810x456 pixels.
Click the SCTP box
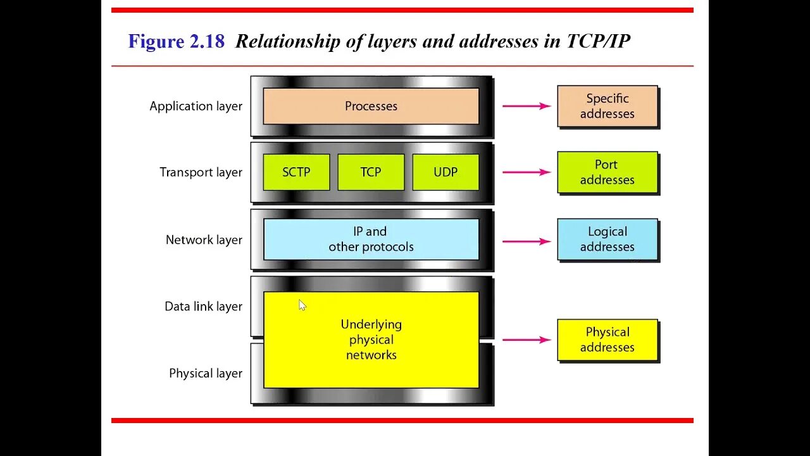(296, 172)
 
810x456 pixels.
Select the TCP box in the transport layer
(371, 172)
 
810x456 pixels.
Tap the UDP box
(445, 172)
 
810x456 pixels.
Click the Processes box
(371, 106)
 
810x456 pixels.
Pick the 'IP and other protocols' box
(371, 239)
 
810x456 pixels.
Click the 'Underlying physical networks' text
(371, 339)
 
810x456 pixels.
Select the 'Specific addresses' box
(607, 106)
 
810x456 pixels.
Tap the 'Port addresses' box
(607, 172)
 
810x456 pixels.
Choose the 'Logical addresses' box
(607, 239)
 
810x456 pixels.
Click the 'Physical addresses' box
(607, 339)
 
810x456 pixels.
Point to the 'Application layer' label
(196, 106)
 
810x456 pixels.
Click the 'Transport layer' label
(201, 172)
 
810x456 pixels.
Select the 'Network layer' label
(204, 240)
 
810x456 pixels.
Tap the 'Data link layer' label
(203, 307)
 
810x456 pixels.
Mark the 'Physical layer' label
(206, 374)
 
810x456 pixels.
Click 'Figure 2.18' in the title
(176, 42)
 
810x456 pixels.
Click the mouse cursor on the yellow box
(302, 305)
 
